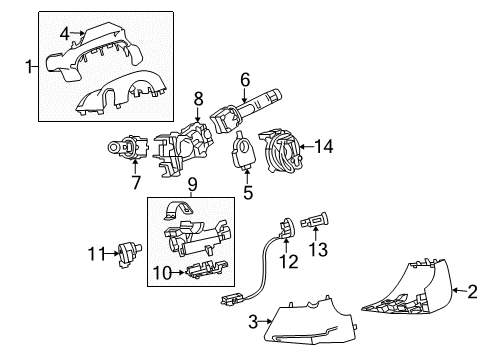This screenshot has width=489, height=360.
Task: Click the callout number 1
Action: click(x=27, y=67)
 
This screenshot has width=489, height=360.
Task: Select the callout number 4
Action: click(x=65, y=33)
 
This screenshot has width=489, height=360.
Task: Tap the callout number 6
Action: click(x=243, y=77)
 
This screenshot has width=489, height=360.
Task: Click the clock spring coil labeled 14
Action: click(x=288, y=152)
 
